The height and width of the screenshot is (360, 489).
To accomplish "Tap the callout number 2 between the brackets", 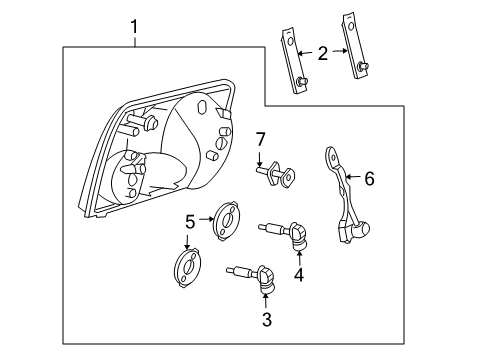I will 322,53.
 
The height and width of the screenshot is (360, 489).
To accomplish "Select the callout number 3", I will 265,319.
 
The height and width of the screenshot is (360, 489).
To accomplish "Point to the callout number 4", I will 297,274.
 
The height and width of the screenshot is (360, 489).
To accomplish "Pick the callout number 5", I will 190,222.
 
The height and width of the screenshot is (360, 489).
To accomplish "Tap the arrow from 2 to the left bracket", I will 306,53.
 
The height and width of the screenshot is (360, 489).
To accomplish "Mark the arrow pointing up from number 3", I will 265,299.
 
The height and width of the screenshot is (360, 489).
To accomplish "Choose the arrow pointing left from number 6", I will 351,179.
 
